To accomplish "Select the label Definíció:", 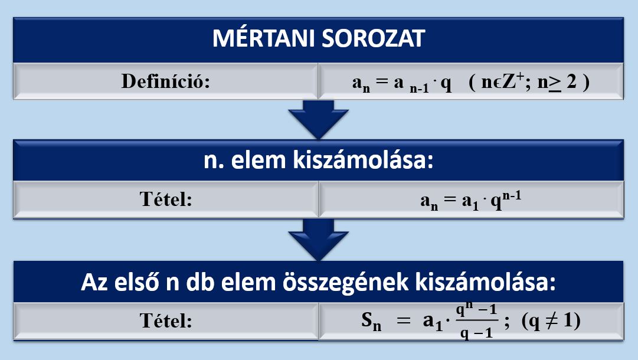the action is tap(166, 81).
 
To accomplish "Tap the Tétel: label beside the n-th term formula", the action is tap(166, 199).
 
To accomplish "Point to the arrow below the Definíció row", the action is tap(318, 119).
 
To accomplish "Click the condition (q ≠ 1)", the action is tap(551, 321).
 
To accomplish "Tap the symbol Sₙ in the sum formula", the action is tap(371, 322).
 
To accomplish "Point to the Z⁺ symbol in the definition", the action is tap(513, 81).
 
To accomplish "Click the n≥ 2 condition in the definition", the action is tap(557, 82).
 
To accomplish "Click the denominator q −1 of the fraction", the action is tap(477, 333).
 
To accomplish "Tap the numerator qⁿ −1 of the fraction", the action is tap(477, 310).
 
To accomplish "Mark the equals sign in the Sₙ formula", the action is tap(404, 320).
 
